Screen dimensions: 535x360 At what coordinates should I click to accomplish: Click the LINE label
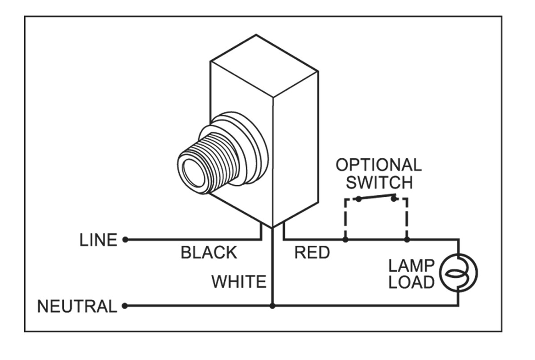coord(98,240)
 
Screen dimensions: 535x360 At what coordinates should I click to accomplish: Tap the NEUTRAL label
coord(77,306)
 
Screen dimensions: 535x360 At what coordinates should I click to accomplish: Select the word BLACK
coord(209,252)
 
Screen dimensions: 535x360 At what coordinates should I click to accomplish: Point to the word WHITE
coord(239,281)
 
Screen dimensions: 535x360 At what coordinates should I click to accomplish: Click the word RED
coord(312,252)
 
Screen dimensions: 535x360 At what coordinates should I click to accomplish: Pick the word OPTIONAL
coord(379,165)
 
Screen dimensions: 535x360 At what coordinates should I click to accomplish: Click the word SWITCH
coord(379,182)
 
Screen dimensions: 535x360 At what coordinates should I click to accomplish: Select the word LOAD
coord(411,282)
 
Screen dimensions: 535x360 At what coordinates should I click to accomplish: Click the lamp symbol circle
coord(458,273)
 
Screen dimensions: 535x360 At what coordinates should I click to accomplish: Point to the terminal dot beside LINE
coord(125,239)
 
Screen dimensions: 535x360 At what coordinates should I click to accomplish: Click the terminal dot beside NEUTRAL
coord(125,306)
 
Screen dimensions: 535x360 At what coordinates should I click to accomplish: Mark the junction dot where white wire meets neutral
coord(272,306)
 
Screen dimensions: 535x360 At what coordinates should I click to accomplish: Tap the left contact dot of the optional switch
coord(358,199)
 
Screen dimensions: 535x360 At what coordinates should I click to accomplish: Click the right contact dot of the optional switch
coord(394,199)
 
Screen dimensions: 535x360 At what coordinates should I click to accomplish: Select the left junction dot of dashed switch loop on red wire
coord(346,239)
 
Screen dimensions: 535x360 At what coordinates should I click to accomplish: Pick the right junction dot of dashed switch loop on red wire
coord(407,239)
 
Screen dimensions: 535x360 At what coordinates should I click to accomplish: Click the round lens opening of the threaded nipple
coord(193,173)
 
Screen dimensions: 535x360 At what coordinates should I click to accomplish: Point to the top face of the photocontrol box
coord(264,66)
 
